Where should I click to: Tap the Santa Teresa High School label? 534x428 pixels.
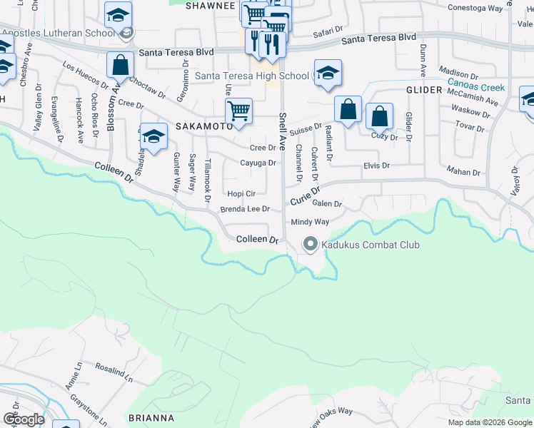pos(251,76)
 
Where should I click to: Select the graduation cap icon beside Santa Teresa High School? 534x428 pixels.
pos(327,73)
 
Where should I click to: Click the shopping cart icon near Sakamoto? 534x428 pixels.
pos(238,111)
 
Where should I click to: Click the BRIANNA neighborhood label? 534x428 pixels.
pos(151,417)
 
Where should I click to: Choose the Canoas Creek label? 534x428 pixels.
pos(475,88)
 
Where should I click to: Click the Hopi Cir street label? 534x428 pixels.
pos(241,193)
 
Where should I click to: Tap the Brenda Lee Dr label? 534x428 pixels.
pos(245,209)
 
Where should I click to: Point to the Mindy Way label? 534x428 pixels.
pos(310,222)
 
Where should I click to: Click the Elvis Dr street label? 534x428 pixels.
pos(376,165)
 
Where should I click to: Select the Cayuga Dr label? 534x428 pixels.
pos(257,163)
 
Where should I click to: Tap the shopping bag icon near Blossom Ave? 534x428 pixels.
pos(120,65)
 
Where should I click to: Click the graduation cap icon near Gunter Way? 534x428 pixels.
pos(153,136)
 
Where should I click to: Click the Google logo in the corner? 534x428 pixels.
pos(24,419)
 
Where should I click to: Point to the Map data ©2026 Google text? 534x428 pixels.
pos(489,422)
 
